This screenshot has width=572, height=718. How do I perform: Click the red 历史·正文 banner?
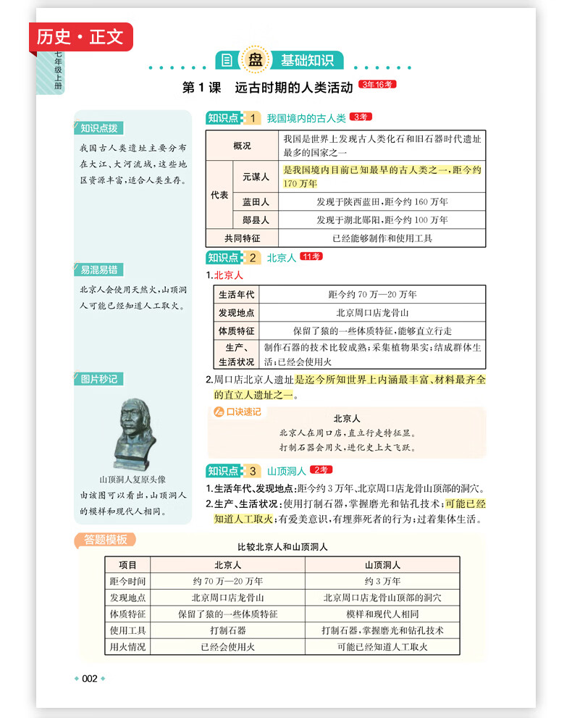(x=81, y=36)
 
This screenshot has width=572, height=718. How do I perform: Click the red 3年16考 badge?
(x=377, y=85)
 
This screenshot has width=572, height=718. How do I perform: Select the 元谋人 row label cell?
(x=255, y=177)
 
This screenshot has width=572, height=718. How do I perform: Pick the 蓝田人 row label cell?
(x=255, y=202)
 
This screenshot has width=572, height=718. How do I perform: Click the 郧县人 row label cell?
(x=255, y=220)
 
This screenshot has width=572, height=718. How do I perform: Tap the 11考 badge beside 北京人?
(x=311, y=256)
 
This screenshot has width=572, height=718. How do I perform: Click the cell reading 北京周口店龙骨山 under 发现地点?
(x=372, y=313)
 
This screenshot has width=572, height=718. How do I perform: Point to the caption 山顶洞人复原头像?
(x=133, y=480)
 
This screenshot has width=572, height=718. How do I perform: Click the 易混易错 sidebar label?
(x=99, y=270)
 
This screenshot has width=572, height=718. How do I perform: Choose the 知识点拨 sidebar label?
(x=98, y=128)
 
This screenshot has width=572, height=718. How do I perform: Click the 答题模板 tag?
(x=105, y=540)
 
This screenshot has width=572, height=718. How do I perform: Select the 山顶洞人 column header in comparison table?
(x=382, y=565)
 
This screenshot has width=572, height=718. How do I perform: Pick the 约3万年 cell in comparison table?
(x=382, y=582)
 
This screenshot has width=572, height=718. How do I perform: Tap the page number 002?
(x=90, y=679)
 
